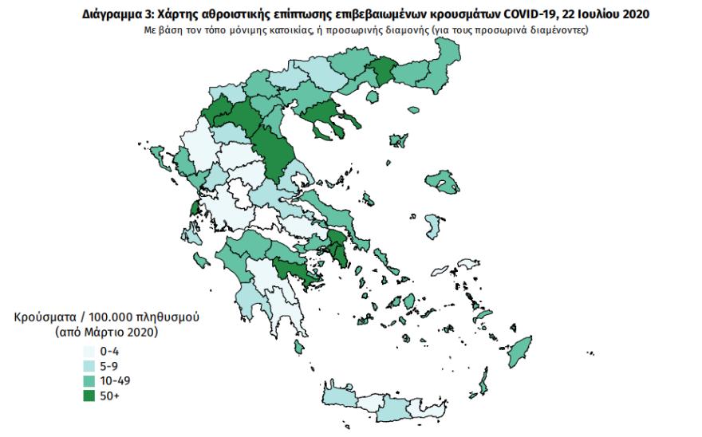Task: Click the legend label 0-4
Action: point(109,352)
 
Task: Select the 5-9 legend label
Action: point(109,365)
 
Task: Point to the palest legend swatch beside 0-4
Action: point(88,352)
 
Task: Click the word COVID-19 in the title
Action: point(530,14)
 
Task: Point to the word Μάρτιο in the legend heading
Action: point(105,330)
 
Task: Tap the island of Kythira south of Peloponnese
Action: point(298,346)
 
